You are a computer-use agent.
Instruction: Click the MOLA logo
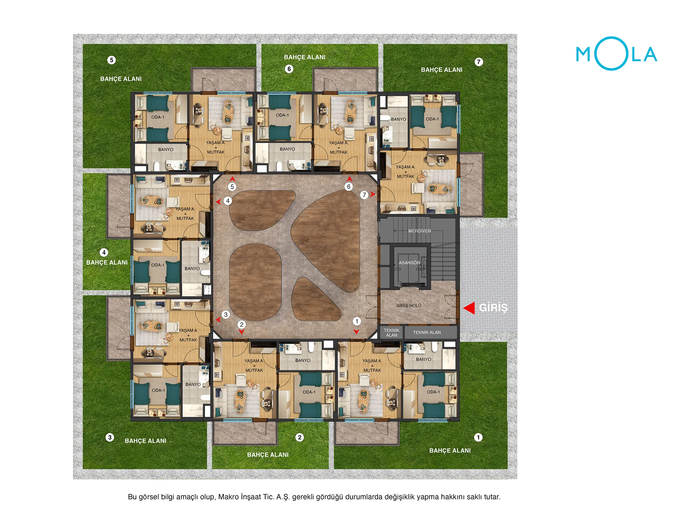click(616, 54)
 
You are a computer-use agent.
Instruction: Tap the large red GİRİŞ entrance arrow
click(469, 308)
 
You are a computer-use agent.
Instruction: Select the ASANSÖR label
click(409, 263)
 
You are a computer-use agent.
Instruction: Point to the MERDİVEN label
click(419, 231)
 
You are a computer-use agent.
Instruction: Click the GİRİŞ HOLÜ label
click(409, 305)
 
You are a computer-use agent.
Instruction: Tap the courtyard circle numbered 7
click(364, 195)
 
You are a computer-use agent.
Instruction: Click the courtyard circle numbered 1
click(357, 321)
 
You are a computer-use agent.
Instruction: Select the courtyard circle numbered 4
click(228, 201)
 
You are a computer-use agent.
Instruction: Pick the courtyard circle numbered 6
click(349, 186)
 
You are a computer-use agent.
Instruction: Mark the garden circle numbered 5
click(111, 60)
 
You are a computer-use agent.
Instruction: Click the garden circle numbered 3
click(110, 437)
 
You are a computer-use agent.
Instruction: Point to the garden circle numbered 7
click(479, 62)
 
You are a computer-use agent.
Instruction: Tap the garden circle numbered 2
click(300, 437)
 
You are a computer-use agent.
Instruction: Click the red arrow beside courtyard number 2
click(241, 332)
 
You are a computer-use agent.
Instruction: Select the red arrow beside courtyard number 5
click(232, 179)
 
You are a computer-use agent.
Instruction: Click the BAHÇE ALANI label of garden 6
click(304, 57)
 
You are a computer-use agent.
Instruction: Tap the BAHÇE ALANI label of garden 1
click(450, 450)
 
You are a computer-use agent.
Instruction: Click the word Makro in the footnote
click(228, 497)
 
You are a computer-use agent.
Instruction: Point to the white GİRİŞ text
click(493, 308)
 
